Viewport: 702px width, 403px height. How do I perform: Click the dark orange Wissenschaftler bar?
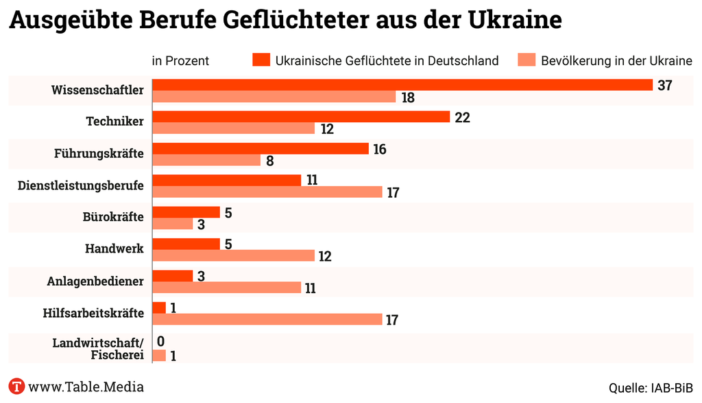402,84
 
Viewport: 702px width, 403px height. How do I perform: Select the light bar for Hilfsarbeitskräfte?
267,320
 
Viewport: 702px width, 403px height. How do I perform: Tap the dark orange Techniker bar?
300,117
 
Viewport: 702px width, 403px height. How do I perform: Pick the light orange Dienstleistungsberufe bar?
267,192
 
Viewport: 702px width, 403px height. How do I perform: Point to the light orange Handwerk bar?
233,256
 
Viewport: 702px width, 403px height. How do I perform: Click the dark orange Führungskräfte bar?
260,149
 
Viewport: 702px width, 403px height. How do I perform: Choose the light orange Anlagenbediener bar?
226,288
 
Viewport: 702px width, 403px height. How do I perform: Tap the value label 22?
462,117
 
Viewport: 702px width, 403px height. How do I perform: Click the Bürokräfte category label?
112,217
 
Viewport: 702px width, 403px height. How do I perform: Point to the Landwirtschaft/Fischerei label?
98,349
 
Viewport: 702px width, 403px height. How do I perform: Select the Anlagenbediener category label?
95,281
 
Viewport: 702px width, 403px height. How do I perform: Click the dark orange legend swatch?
261,60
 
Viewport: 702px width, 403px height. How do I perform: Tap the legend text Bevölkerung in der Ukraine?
616,60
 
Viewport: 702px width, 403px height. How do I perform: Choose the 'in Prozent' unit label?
180,60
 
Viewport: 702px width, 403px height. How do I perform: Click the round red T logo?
16,386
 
